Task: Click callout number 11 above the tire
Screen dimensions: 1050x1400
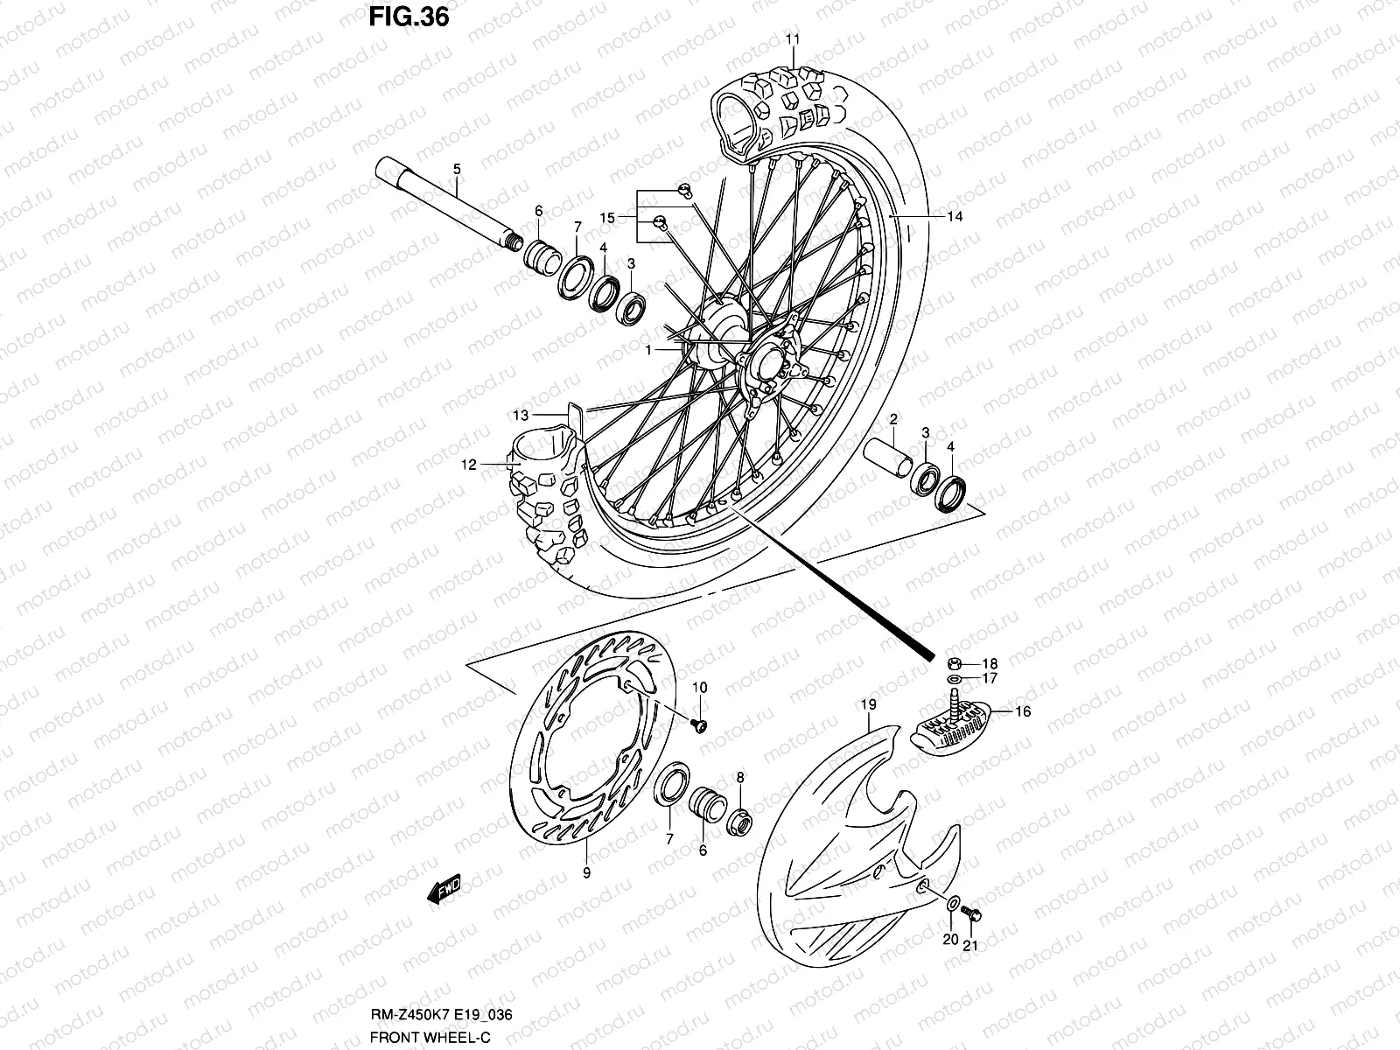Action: [792, 39]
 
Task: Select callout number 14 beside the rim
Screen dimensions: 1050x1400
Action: [954, 216]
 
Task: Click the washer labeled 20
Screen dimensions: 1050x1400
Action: [953, 904]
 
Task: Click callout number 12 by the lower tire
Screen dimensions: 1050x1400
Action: [470, 465]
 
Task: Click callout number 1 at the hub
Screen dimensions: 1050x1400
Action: [649, 349]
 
